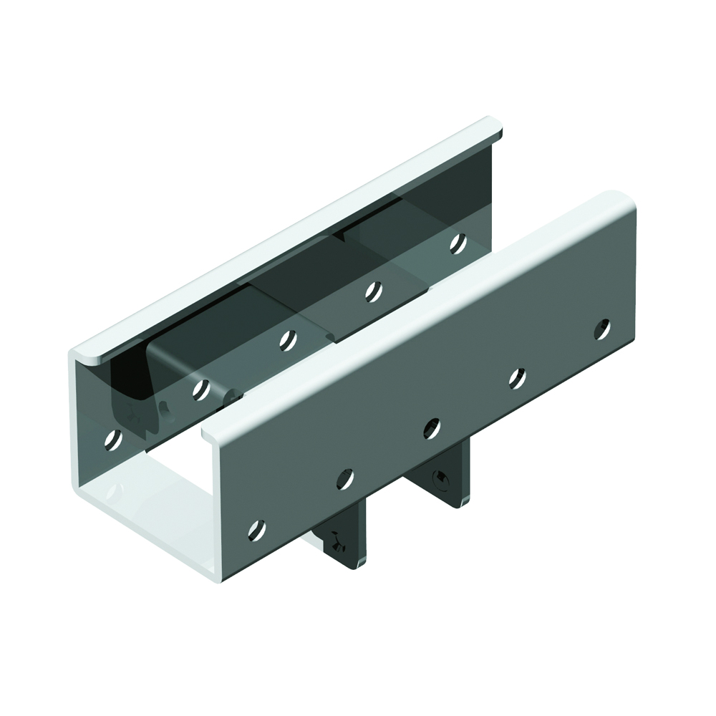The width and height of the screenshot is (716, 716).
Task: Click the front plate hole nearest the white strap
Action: tap(256, 530)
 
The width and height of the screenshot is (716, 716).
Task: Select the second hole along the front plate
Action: tap(345, 478)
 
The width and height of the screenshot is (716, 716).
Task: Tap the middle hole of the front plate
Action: tap(431, 428)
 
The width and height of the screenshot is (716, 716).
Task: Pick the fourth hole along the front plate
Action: tap(517, 378)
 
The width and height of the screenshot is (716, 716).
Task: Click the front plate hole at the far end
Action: tap(603, 329)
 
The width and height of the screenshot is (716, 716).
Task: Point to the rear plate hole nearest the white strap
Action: tap(112, 439)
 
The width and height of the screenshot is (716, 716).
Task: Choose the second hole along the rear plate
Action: tap(201, 389)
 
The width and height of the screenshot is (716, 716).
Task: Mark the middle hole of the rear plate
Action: tap(288, 339)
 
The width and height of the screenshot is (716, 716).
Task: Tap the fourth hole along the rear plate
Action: tap(372, 291)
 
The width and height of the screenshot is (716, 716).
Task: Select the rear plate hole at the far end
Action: tap(458, 243)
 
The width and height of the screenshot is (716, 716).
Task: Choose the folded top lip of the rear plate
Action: tap(286, 236)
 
